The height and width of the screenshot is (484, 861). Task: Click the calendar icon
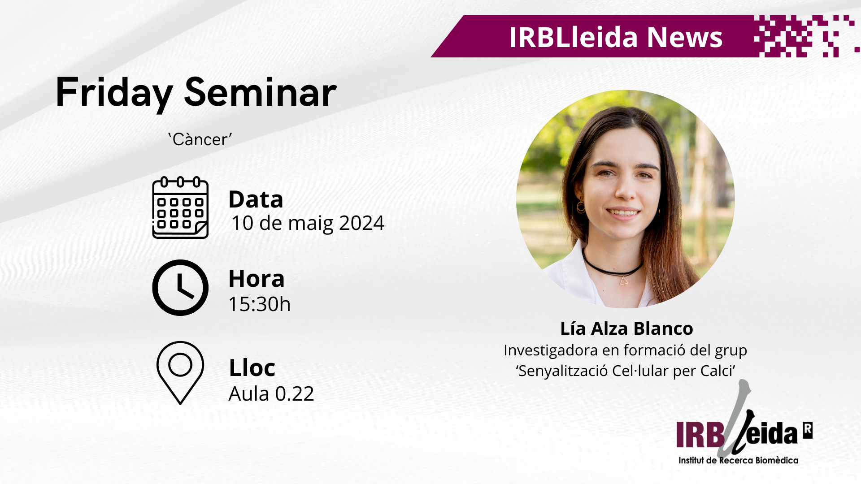180,208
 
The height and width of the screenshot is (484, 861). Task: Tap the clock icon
180,288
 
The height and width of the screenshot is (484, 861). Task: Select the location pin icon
180,373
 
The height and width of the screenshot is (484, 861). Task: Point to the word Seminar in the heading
261,92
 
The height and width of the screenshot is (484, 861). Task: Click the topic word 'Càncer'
200,139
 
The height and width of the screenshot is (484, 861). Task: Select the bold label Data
256,199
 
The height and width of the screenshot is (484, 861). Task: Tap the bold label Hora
257,279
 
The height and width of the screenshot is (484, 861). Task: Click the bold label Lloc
252,368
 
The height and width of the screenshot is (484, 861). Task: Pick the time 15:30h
260,304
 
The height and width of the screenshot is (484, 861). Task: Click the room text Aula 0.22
271,394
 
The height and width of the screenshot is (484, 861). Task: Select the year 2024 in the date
361,223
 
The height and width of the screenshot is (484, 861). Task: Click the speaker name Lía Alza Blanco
626,328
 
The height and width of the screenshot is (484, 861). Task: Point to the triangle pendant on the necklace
624,281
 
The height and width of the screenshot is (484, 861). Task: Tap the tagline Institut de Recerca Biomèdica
738,460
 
